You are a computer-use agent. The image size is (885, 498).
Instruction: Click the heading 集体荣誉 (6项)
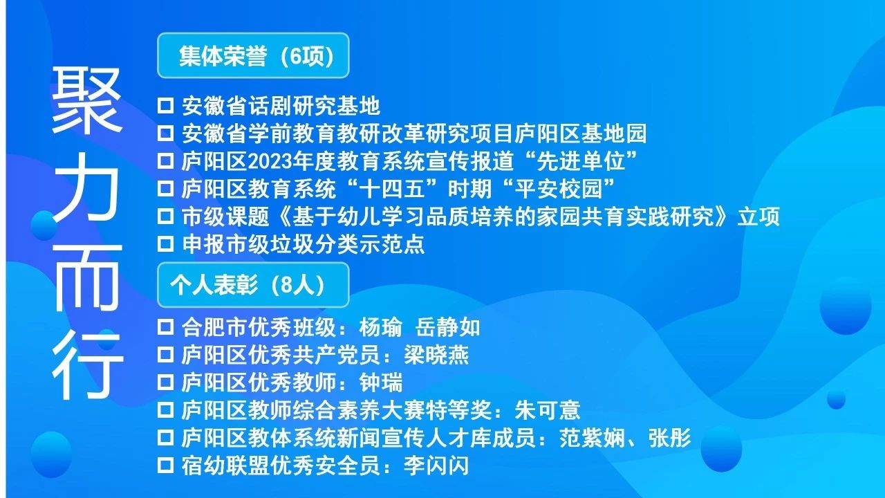(x=257, y=56)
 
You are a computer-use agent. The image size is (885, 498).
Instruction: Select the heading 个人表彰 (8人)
(x=248, y=285)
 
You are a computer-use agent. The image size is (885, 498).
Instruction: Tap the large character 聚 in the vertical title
(x=86, y=100)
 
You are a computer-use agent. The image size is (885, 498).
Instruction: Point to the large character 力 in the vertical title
(x=86, y=187)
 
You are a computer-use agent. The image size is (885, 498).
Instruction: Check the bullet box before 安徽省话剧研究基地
(x=165, y=106)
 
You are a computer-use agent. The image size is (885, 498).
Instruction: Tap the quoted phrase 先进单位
(x=581, y=161)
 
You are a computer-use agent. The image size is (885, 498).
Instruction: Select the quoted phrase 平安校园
(x=559, y=189)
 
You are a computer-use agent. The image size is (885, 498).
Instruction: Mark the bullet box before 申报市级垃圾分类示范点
(x=165, y=244)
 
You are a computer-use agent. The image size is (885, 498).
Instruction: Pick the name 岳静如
(x=447, y=327)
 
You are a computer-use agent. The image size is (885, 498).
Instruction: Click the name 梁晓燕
(x=436, y=355)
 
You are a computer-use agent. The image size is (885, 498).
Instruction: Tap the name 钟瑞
(x=381, y=382)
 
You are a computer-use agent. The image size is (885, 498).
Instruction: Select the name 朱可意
(x=547, y=410)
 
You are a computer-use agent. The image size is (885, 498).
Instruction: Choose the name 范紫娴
(x=591, y=438)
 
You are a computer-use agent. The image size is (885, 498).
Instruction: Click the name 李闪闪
(x=436, y=465)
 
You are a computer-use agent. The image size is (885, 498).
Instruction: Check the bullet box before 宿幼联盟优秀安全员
(x=165, y=465)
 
